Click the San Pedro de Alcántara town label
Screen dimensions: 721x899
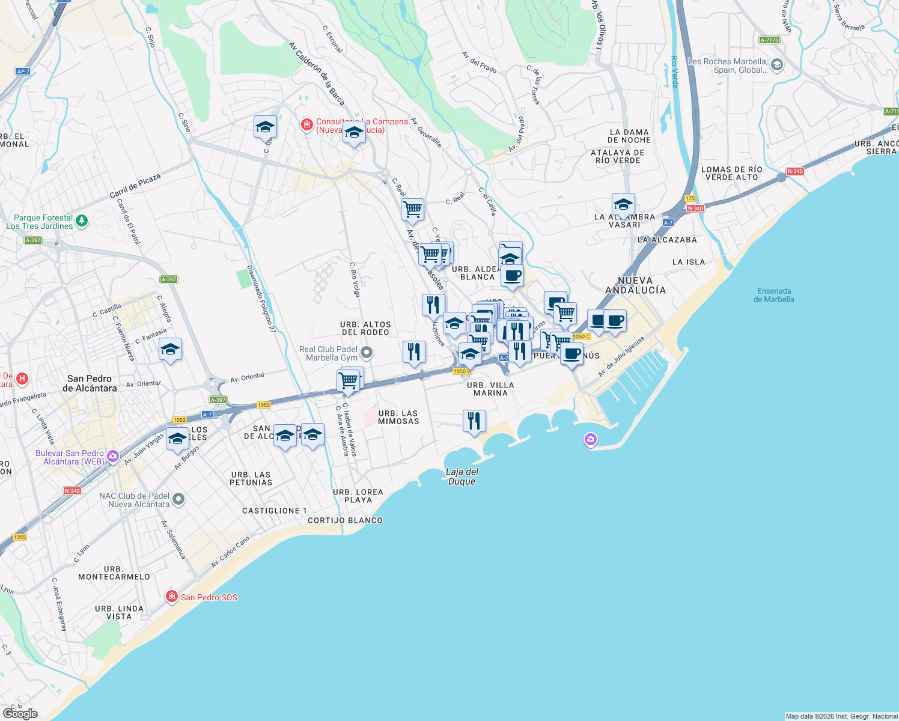tap(90, 383)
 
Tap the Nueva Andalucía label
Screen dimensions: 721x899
tap(635, 285)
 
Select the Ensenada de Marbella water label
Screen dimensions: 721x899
tap(774, 295)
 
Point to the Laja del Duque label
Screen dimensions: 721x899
tap(462, 476)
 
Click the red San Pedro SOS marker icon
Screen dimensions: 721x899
tap(172, 597)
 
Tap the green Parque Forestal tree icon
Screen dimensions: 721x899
tap(82, 221)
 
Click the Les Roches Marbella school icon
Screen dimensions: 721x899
tap(776, 65)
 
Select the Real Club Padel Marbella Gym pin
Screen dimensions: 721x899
tap(367, 353)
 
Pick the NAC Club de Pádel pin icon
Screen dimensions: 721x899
tap(178, 499)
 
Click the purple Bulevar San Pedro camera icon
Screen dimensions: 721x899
tap(112, 457)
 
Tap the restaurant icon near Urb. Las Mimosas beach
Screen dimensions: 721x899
tap(474, 421)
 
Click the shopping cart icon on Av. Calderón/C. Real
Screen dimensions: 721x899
tap(412, 210)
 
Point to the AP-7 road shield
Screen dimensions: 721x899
tap(23, 71)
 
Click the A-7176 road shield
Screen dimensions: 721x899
tap(769, 40)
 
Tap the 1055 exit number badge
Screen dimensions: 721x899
tap(20, 537)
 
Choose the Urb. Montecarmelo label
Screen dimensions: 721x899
tap(114, 573)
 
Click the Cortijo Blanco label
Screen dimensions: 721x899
tap(345, 520)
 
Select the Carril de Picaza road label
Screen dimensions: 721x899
tap(135, 186)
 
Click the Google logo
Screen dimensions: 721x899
tap(20, 713)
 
